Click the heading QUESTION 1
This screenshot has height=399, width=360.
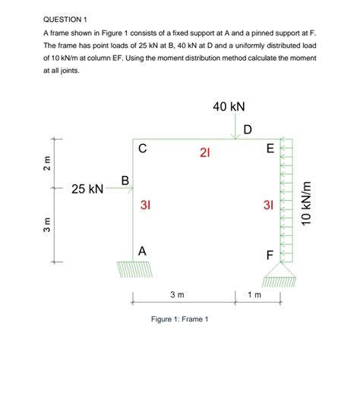click(x=65, y=20)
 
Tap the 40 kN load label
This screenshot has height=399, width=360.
click(x=229, y=106)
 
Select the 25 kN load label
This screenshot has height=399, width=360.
click(x=87, y=189)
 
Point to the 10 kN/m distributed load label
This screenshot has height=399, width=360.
click(x=306, y=203)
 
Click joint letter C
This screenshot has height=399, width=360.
click(x=143, y=148)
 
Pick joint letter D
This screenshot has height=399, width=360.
click(x=248, y=130)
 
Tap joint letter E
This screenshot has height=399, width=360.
click(x=270, y=149)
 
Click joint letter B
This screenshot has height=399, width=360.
click(x=125, y=181)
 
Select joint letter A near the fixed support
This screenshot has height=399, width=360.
click(x=142, y=251)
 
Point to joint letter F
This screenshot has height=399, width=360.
click(x=270, y=255)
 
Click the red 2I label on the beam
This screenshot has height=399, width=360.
click(x=205, y=152)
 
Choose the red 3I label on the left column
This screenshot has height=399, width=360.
click(x=145, y=205)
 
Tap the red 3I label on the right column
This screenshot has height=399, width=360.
click(x=268, y=205)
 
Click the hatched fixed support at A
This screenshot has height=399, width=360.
click(x=134, y=269)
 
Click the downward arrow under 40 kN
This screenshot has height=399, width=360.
click(x=235, y=126)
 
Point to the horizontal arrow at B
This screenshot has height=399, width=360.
click(x=119, y=189)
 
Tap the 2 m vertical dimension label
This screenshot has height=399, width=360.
click(x=47, y=164)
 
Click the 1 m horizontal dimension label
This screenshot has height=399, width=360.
click(x=254, y=294)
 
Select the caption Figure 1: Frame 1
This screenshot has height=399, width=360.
click(x=179, y=319)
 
